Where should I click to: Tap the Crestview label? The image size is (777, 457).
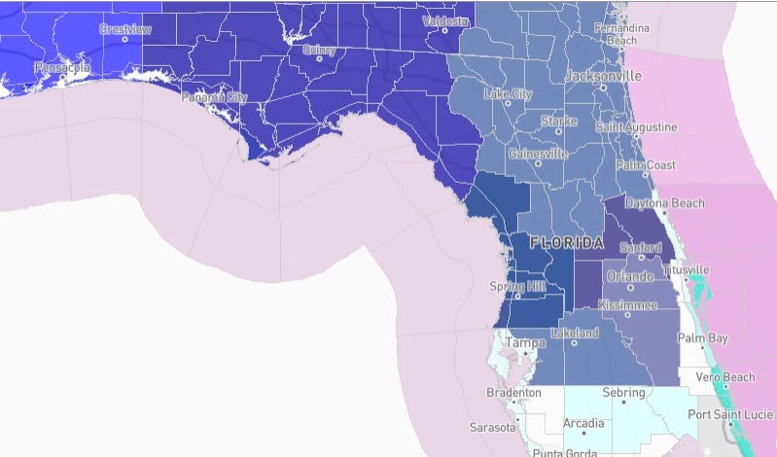pyautogui.click(x=125, y=29)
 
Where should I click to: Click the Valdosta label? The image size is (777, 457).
pyautogui.click(x=445, y=20)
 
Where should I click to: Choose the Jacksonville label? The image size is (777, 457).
pyautogui.click(x=604, y=75)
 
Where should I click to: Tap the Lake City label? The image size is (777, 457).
pyautogui.click(x=508, y=94)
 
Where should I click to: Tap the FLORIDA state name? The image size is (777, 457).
pyautogui.click(x=567, y=240)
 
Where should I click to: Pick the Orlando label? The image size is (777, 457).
pyautogui.click(x=630, y=277)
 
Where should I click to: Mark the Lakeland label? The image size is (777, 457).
pyautogui.click(x=574, y=334)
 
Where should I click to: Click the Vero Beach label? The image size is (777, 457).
pyautogui.click(x=724, y=377)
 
